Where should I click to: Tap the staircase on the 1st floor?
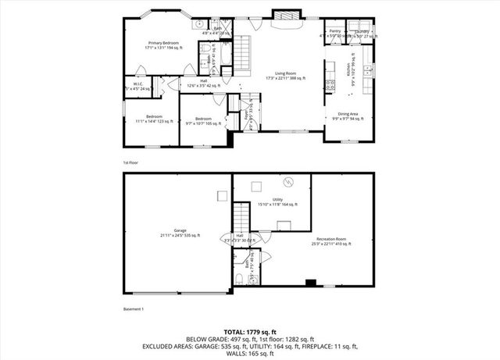click(x=245, y=55)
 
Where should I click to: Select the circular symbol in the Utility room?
click(x=288, y=183)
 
